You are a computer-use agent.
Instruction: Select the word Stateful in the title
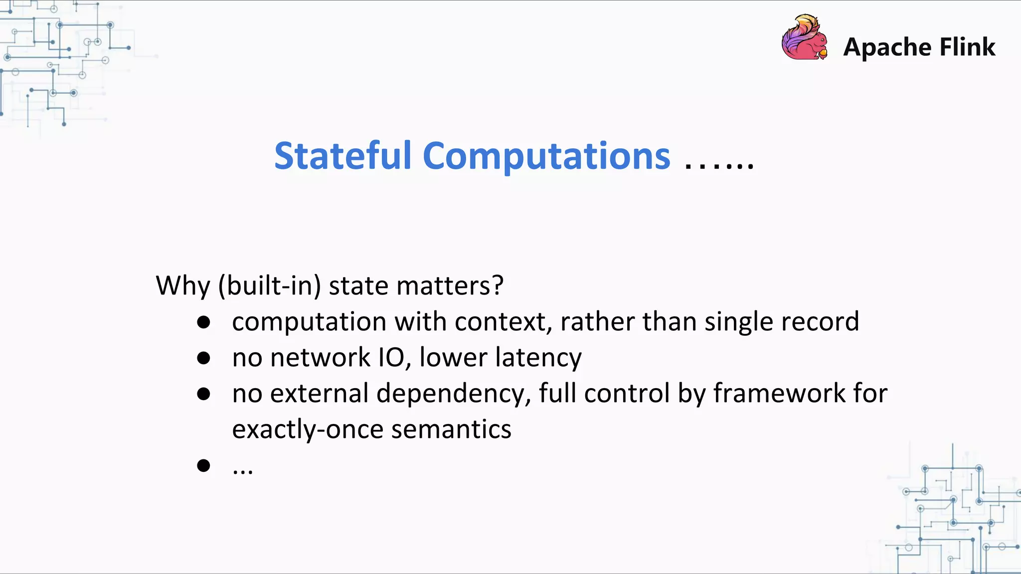coord(342,156)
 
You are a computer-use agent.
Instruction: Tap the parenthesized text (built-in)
coord(269,286)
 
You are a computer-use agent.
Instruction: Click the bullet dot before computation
coord(203,322)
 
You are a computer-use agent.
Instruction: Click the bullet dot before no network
coord(203,358)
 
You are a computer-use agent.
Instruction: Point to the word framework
coord(779,393)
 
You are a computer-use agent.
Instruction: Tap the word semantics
coord(451,430)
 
